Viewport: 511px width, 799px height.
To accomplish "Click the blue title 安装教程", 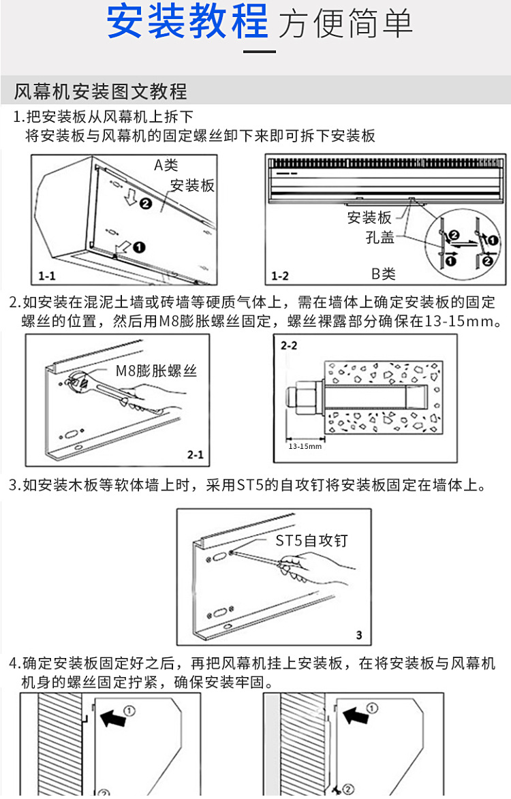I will [188, 22].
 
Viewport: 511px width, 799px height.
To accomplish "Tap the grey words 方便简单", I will [346, 24].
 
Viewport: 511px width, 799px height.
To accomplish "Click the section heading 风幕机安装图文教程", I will [100, 91].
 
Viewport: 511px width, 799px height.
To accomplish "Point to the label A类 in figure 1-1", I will [165, 165].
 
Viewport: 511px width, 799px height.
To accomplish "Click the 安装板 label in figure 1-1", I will [191, 185].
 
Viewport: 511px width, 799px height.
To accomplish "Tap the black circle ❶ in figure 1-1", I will [138, 247].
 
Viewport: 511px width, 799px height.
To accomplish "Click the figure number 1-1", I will [48, 276].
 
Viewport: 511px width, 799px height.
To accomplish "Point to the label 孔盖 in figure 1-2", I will [380, 238].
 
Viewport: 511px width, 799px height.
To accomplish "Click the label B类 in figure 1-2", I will [384, 274].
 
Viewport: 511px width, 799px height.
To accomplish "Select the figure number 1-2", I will [280, 276].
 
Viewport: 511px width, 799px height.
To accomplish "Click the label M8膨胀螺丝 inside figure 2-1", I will [156, 372].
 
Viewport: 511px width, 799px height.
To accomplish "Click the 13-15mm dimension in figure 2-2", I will [305, 446].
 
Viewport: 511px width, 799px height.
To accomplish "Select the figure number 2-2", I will [289, 346].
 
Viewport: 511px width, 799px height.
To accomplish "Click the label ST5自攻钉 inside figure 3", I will [311, 541].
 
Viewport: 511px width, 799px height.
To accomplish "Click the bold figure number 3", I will [359, 636].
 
